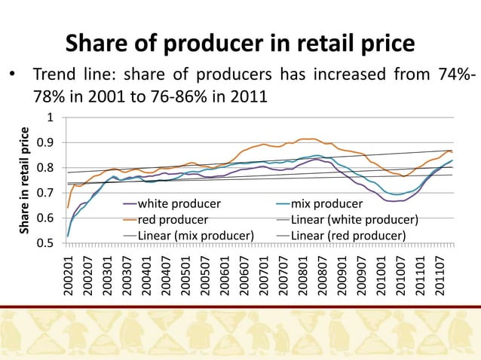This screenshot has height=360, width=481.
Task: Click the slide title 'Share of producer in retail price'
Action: click(240, 44)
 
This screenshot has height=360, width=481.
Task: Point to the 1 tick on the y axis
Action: click(50, 117)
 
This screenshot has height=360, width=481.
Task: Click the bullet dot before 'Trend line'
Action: click(11, 78)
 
